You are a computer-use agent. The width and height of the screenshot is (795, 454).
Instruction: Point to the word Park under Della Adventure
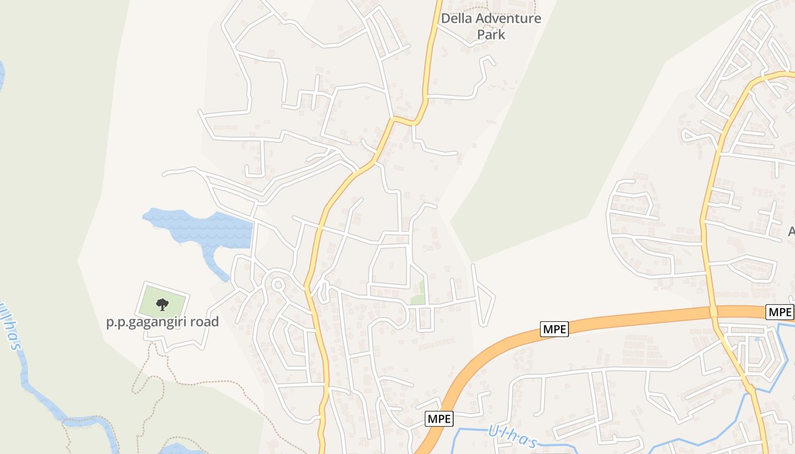coord(491,34)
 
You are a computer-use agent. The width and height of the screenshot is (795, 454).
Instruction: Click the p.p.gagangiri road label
coord(162,322)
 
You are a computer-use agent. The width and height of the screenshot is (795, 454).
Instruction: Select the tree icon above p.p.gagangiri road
coord(162,304)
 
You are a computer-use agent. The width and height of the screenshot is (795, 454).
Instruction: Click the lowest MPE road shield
coord(439,419)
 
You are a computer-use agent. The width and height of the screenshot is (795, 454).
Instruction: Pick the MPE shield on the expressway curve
coord(554,329)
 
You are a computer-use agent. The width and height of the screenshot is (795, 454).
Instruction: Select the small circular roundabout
coord(278,284)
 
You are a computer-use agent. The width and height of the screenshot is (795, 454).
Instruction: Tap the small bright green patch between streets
coord(419,293)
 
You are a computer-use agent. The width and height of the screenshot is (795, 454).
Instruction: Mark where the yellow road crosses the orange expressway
coord(713,312)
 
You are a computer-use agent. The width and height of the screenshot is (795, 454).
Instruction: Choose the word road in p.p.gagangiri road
coord(205,322)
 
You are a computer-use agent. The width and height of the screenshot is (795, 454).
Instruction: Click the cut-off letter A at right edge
coord(791,231)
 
